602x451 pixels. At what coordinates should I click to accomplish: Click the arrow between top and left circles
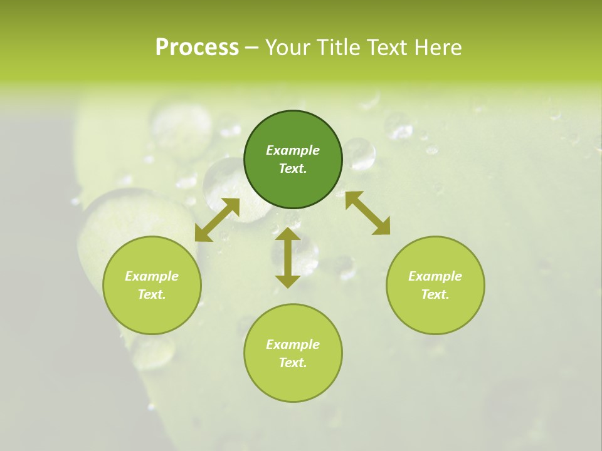click(217, 220)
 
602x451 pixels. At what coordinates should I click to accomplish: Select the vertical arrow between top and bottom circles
click(288, 257)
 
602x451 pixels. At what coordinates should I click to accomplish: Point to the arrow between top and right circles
click(367, 213)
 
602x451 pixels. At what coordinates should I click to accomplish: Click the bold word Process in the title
click(197, 47)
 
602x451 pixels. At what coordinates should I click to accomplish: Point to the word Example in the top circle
click(293, 150)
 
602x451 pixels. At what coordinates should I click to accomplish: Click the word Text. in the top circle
click(293, 168)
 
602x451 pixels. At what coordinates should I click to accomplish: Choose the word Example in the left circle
click(152, 276)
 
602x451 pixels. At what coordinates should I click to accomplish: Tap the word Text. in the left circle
click(152, 294)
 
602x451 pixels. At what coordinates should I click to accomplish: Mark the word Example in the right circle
click(435, 276)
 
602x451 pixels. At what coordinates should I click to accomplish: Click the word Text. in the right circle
click(435, 294)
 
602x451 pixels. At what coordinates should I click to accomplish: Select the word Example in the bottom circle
click(293, 345)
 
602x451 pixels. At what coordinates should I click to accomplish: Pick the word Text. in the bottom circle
click(293, 363)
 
